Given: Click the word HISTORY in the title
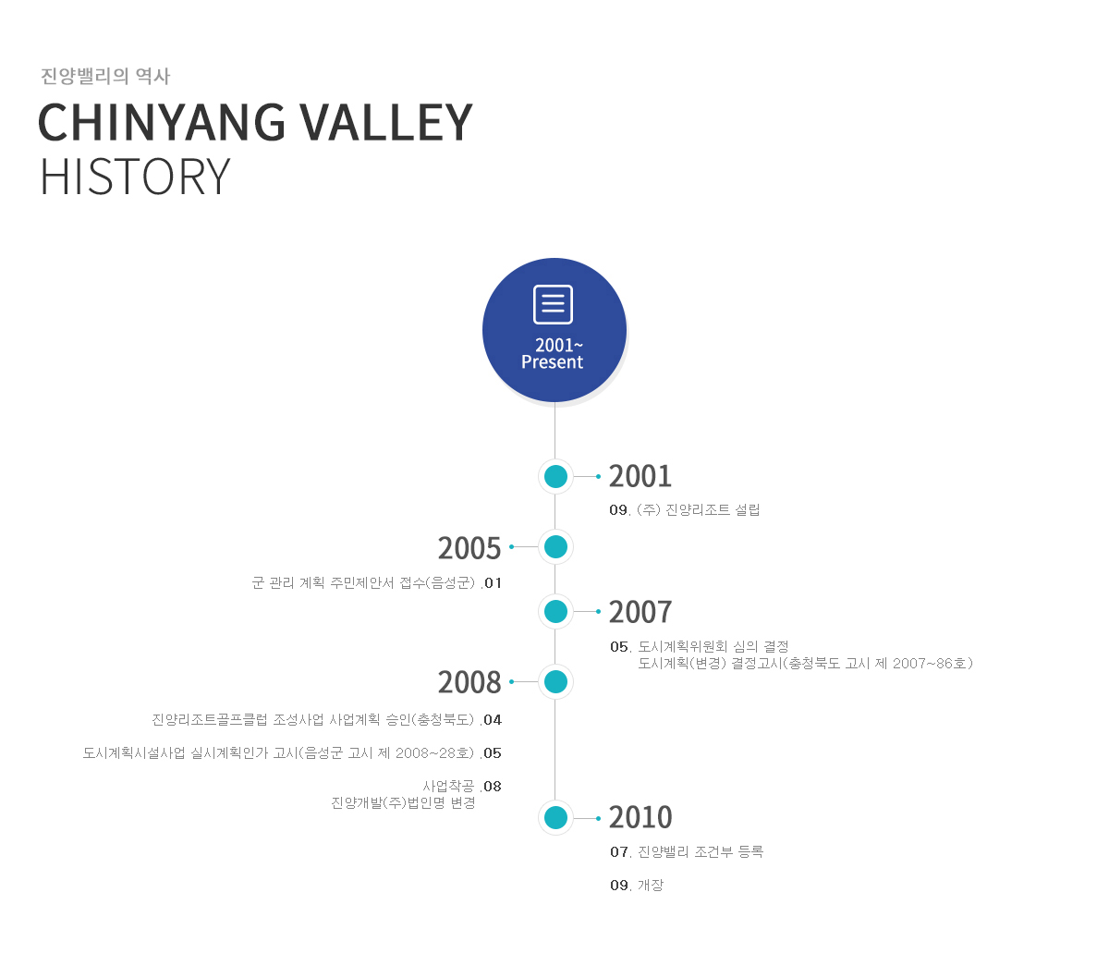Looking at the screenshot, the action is [135, 177].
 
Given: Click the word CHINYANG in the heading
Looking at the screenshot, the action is [162, 122].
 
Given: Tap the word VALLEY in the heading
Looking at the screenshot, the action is [387, 122].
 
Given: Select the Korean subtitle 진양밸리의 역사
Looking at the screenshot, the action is [105, 76].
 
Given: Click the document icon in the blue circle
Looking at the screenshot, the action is [553, 304].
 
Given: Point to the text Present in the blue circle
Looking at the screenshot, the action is [552, 362].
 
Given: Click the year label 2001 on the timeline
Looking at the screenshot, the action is [640, 476].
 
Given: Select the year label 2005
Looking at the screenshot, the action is [469, 547].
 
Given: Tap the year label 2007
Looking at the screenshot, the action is [640, 612].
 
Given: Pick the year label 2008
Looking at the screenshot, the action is [469, 682].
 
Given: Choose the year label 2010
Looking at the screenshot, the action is [640, 817].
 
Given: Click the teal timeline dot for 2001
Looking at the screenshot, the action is [555, 476].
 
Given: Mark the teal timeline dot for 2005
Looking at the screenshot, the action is [555, 547].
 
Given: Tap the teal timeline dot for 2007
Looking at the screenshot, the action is [555, 612].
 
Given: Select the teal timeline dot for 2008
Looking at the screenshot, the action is [555, 682].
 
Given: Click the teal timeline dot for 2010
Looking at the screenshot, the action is [555, 817].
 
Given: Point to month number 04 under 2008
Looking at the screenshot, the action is [493, 719].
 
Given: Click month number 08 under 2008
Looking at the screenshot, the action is [493, 787].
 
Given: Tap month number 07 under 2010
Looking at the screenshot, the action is [619, 852].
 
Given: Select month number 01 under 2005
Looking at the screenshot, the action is [493, 583].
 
